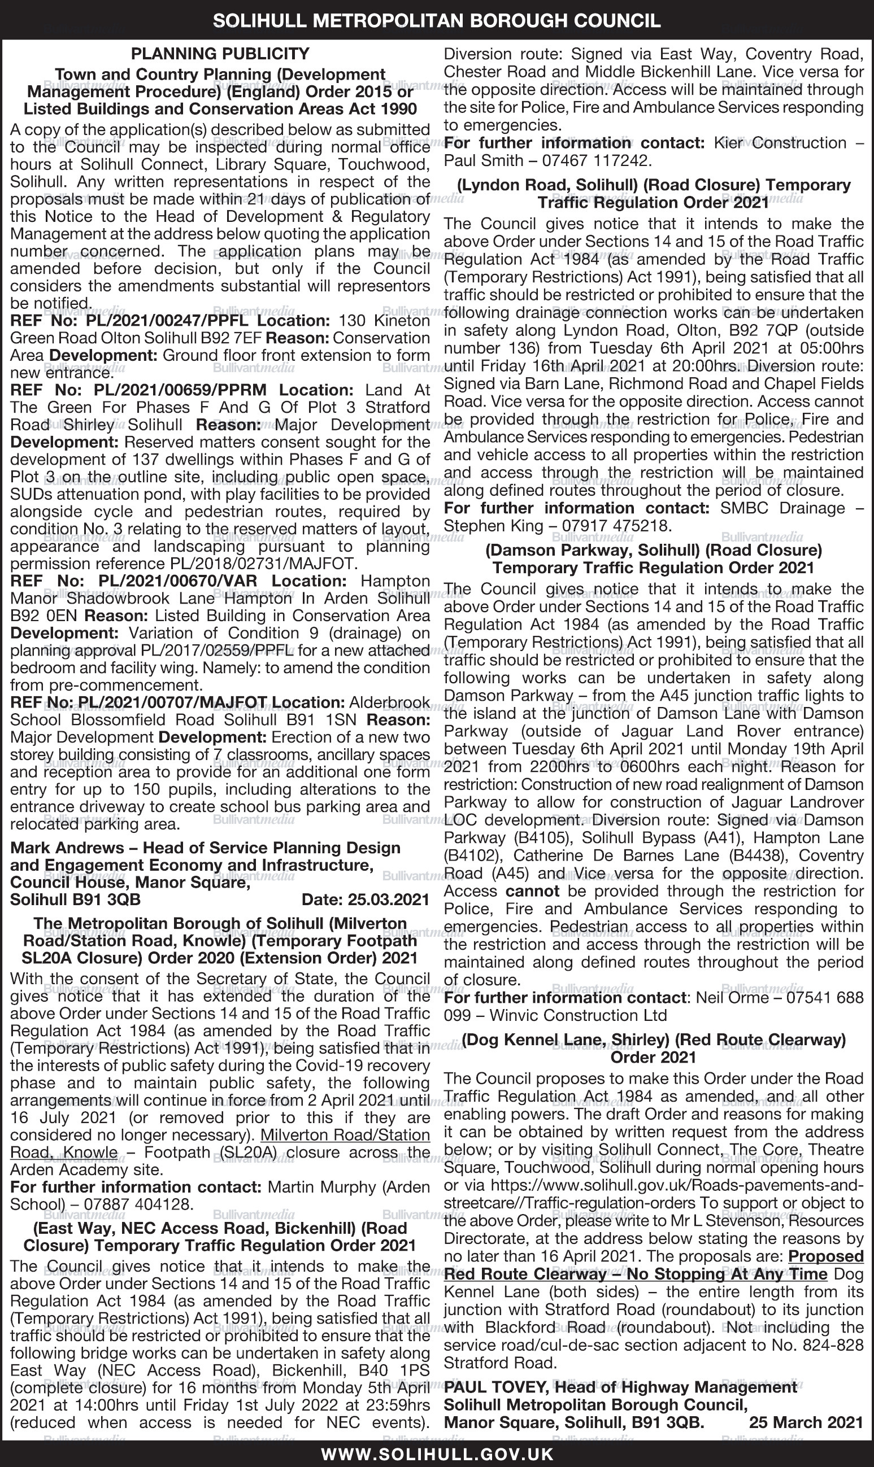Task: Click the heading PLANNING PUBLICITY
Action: point(220,54)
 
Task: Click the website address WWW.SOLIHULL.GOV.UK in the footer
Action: point(437,1455)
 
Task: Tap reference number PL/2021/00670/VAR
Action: point(178,581)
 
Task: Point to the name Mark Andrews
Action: point(67,848)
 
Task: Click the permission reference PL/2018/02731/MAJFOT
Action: point(262,564)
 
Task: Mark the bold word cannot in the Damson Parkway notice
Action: point(532,891)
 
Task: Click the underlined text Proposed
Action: point(826,1256)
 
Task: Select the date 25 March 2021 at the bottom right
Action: point(806,1422)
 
